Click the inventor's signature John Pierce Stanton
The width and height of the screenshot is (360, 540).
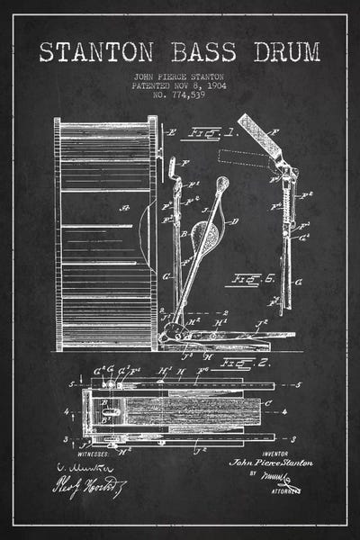point(272,462)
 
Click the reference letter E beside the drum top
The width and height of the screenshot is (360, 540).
point(171,132)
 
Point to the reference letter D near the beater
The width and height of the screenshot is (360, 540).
point(235,220)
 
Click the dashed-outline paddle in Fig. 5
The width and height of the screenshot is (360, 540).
point(244,159)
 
